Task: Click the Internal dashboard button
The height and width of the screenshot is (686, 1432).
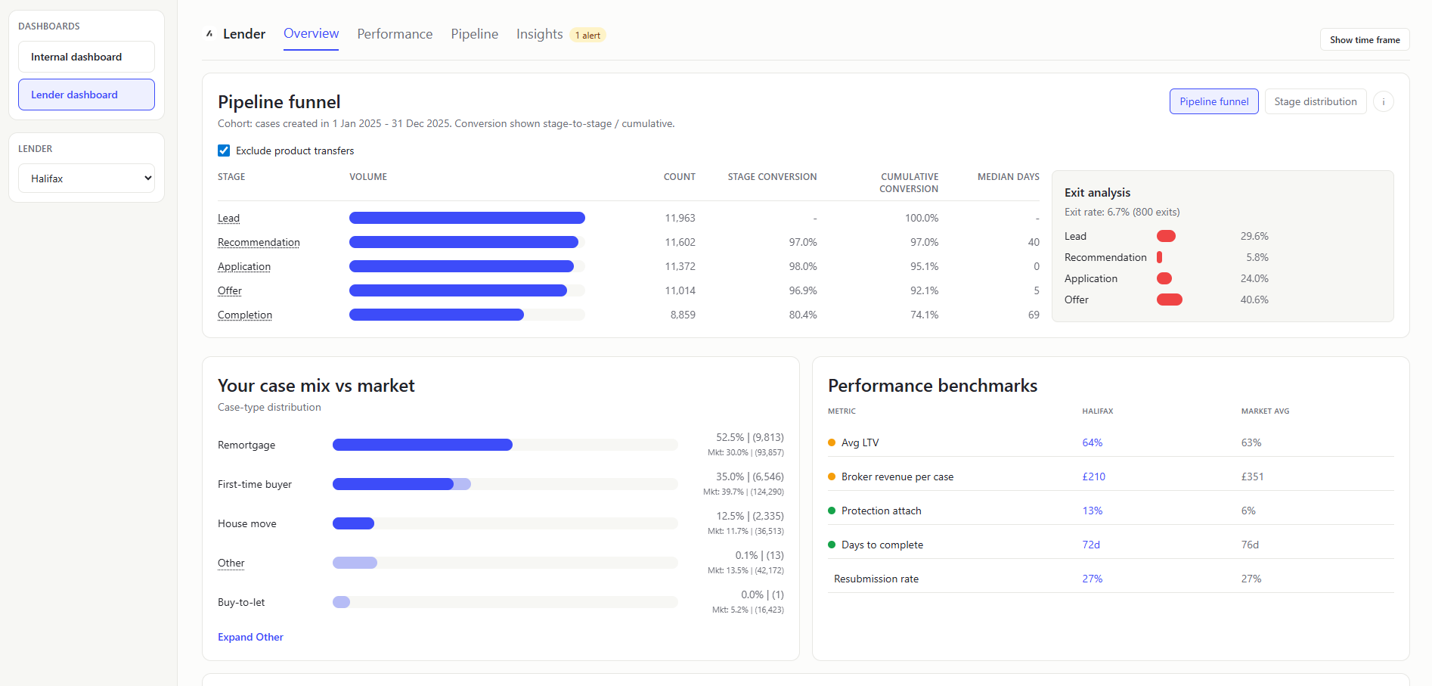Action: [86, 57]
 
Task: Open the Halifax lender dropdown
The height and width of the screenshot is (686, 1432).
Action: [86, 178]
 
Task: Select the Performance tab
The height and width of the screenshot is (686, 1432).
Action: [395, 34]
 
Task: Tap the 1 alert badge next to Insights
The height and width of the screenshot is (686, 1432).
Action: [587, 36]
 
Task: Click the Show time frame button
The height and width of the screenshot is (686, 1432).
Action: [1364, 40]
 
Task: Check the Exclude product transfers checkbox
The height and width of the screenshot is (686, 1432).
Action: [224, 151]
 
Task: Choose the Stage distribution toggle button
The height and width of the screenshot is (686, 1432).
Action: [1315, 101]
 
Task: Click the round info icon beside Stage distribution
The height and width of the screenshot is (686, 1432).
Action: [1383, 101]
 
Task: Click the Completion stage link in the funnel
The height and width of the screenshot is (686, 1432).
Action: [245, 315]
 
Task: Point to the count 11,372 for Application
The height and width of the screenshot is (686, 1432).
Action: [680, 266]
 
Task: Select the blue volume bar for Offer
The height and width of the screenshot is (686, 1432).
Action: [457, 290]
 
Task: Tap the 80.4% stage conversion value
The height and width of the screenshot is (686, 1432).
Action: [802, 315]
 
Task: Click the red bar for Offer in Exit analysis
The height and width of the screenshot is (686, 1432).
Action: [1169, 300]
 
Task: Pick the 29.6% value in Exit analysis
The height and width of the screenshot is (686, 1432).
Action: [1254, 236]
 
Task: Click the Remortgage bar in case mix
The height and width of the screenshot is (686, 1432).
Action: [422, 445]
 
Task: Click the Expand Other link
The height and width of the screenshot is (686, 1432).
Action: [250, 637]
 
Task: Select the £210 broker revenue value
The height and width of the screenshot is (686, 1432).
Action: [1093, 476]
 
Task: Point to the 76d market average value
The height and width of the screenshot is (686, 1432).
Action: [1250, 545]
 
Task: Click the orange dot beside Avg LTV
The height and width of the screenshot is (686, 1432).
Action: [832, 442]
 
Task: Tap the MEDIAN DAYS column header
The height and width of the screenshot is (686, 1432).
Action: [1008, 177]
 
